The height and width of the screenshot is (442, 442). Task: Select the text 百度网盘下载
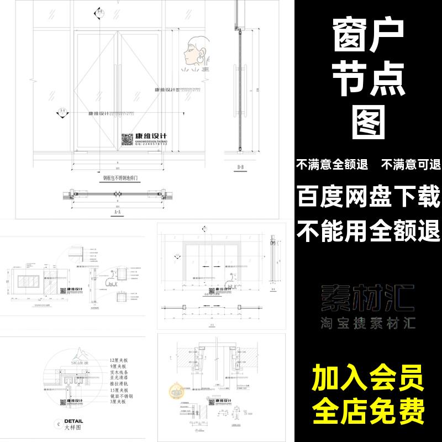369,196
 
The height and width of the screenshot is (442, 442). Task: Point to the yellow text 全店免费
368,411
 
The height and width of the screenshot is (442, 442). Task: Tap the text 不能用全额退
369,228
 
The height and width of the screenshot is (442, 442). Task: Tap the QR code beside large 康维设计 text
127,139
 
